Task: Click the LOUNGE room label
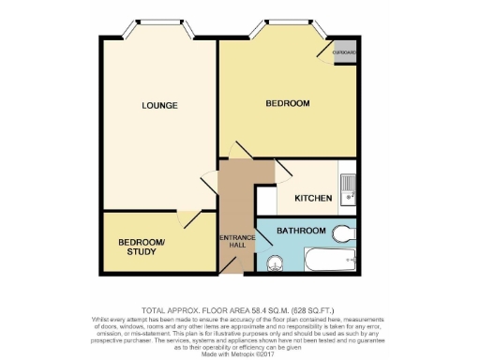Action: coord(160,105)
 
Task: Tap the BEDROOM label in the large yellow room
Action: coord(287,103)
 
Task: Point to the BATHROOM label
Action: coord(302,231)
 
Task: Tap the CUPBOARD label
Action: coord(344,52)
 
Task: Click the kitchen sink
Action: coord(347,188)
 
